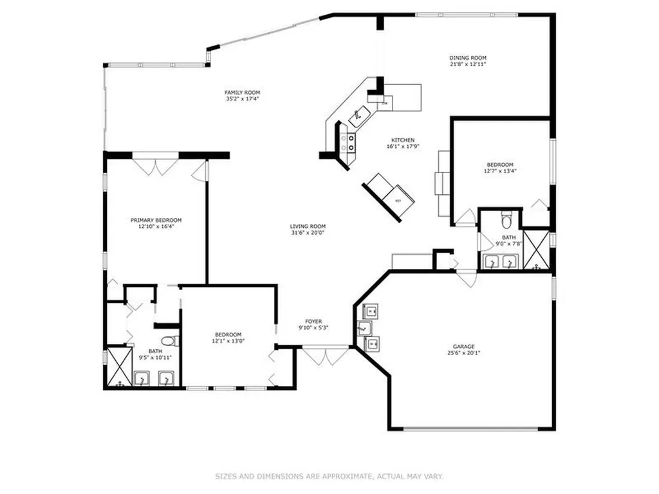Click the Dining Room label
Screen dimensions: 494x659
[467, 57]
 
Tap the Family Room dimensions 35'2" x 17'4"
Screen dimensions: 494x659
[243, 99]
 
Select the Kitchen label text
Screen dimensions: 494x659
[403, 140]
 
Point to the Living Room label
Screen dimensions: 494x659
[308, 226]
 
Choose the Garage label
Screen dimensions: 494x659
[464, 346]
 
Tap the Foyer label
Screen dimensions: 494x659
[313, 321]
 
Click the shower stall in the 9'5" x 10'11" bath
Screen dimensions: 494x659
[118, 367]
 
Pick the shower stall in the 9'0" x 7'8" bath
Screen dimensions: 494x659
[535, 249]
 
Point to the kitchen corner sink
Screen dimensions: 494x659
[359, 116]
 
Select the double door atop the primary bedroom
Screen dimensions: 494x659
[156, 166]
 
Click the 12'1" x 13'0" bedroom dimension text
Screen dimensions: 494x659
[228, 341]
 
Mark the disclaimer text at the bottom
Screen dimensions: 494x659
[329, 477]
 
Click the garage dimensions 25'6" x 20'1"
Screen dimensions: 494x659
[464, 352]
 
